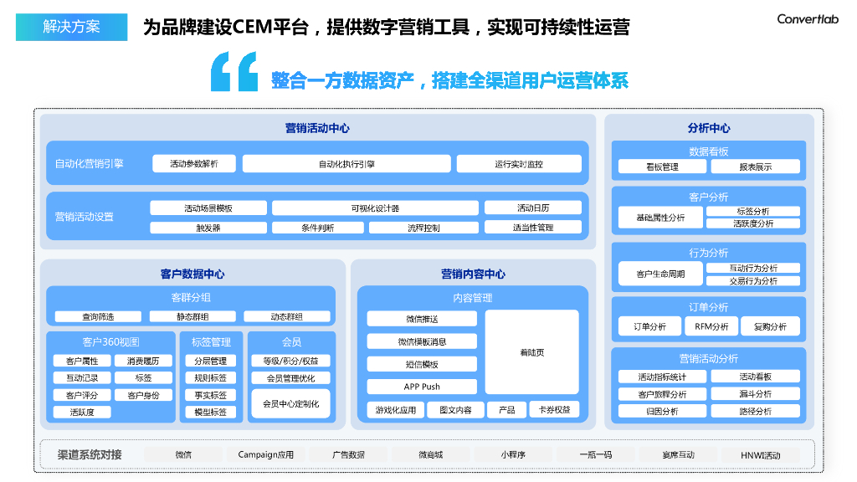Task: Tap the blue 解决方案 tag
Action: pyautogui.click(x=71, y=27)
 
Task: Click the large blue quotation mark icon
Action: pyautogui.click(x=234, y=72)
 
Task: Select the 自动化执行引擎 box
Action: pyautogui.click(x=346, y=164)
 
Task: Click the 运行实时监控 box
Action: pyautogui.click(x=519, y=164)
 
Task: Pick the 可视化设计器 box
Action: pyautogui.click(x=375, y=208)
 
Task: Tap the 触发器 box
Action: pyautogui.click(x=208, y=228)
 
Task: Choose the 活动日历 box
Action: pyautogui.click(x=533, y=208)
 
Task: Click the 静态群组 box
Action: pyautogui.click(x=192, y=317)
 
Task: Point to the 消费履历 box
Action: pyautogui.click(x=143, y=361)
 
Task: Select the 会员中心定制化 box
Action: pyautogui.click(x=290, y=403)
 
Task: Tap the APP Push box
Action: pyautogui.click(x=422, y=387)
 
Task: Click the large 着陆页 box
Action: pyautogui.click(x=532, y=352)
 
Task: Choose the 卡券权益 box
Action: pyautogui.click(x=554, y=410)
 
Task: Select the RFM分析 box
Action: pyautogui.click(x=711, y=326)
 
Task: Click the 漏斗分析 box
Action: pyautogui.click(x=755, y=394)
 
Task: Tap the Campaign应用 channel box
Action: pyautogui.click(x=266, y=455)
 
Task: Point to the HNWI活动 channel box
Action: pyautogui.click(x=760, y=455)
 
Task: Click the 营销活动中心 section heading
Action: pyautogui.click(x=317, y=128)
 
